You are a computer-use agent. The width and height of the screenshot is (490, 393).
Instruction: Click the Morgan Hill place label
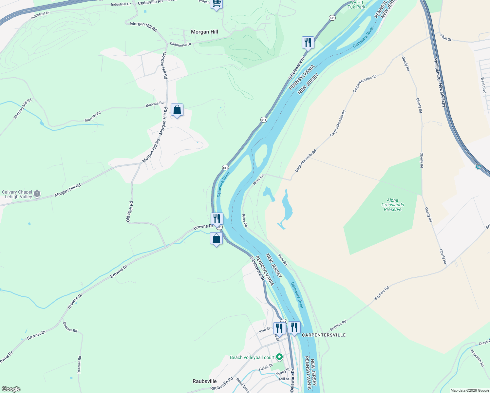[204, 32]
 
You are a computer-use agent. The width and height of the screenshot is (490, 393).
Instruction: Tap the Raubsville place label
[204, 381]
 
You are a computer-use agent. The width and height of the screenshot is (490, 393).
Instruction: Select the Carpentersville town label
[324, 335]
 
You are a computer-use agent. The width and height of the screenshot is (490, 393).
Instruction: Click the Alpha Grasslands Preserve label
[392, 205]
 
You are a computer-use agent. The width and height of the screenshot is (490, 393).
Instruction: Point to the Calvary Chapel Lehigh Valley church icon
[37, 194]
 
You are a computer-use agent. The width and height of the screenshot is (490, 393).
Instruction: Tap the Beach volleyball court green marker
[279, 357]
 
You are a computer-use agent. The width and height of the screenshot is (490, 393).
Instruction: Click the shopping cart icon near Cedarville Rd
[216, 4]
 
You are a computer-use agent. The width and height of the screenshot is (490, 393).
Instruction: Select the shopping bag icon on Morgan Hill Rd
[177, 110]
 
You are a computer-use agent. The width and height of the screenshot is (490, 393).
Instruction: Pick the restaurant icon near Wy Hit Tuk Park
[308, 42]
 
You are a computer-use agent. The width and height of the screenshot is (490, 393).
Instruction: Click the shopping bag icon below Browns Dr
[216, 238]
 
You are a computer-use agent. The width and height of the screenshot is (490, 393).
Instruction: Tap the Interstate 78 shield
[478, 167]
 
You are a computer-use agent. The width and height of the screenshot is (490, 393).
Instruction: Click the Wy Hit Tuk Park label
[356, 5]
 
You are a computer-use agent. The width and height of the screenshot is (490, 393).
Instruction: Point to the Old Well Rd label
[129, 212]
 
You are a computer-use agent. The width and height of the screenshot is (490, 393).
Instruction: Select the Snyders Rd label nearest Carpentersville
[338, 325]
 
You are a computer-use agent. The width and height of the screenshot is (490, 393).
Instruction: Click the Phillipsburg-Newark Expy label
[440, 83]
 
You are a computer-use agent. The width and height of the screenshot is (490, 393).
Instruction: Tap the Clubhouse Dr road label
[180, 44]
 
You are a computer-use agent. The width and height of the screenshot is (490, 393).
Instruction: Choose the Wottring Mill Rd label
[23, 108]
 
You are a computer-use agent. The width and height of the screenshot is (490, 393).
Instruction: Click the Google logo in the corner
[11, 389]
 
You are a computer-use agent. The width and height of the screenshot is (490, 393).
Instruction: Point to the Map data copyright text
[470, 390]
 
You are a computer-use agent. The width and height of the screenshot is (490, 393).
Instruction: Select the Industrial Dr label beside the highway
[40, 15]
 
